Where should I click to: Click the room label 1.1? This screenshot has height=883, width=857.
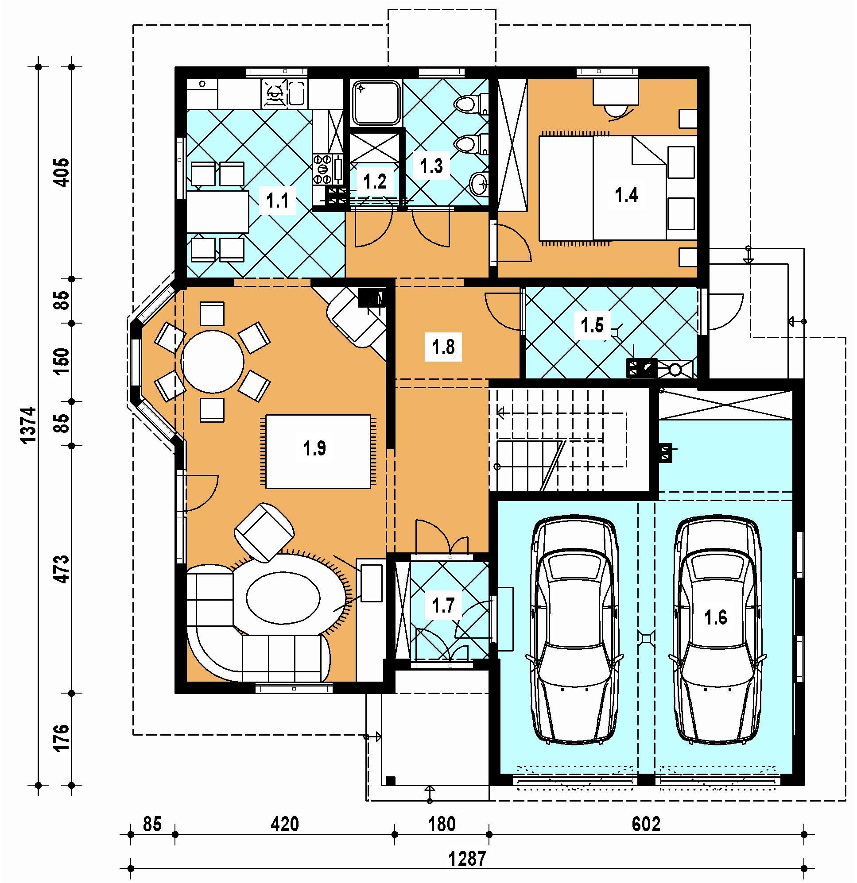[x=278, y=200]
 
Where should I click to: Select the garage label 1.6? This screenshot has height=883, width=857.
[x=715, y=617]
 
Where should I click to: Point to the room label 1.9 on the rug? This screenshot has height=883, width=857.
[x=314, y=448]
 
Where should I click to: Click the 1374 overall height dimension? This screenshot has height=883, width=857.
[x=28, y=425]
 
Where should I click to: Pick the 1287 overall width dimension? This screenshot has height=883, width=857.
[x=467, y=859]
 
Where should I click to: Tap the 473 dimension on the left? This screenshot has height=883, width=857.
[x=62, y=569]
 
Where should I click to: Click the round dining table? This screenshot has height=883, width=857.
[x=212, y=362]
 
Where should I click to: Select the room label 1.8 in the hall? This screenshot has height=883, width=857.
[x=443, y=347]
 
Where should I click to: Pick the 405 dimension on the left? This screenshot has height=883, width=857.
[x=62, y=172]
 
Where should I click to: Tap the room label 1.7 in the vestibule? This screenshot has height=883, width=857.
[x=443, y=606]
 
